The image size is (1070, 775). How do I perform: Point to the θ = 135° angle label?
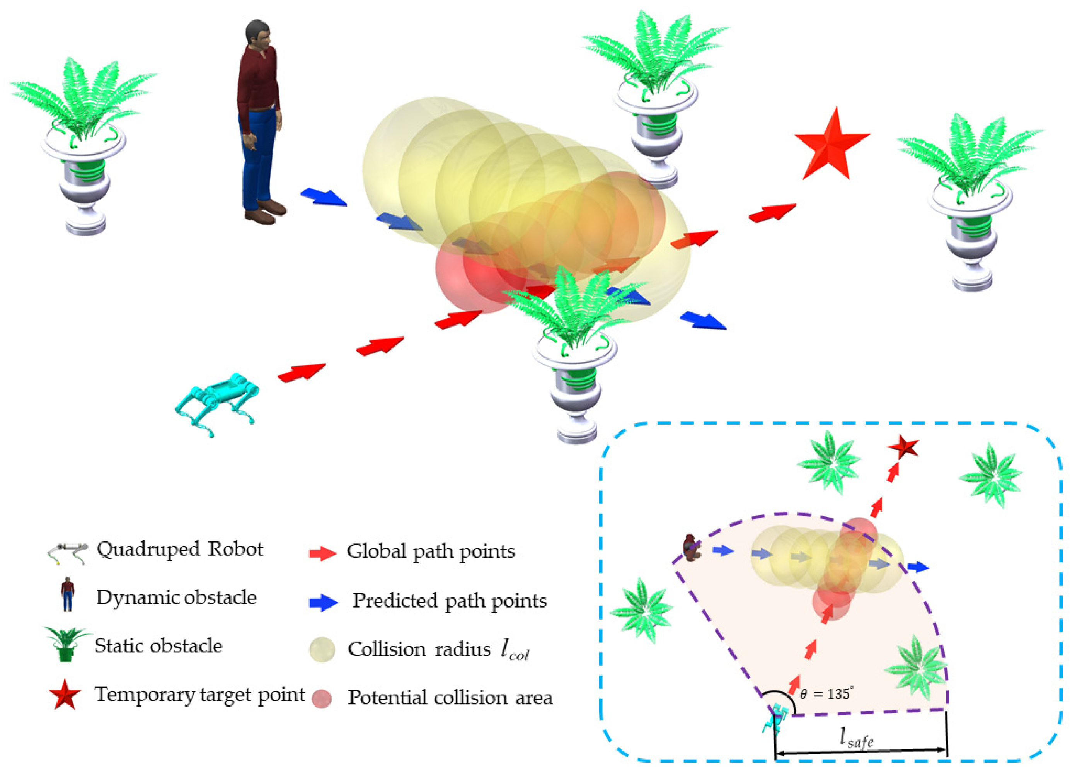point(826,693)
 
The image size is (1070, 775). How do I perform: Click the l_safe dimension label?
point(857,739)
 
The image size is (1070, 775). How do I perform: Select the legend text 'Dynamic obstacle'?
point(176,597)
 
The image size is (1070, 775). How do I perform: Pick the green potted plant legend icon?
point(66,644)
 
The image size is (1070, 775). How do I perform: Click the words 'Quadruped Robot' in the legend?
point(180,549)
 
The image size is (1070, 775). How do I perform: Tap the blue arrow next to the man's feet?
point(324,197)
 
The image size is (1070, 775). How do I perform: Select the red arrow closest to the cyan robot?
point(302,372)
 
